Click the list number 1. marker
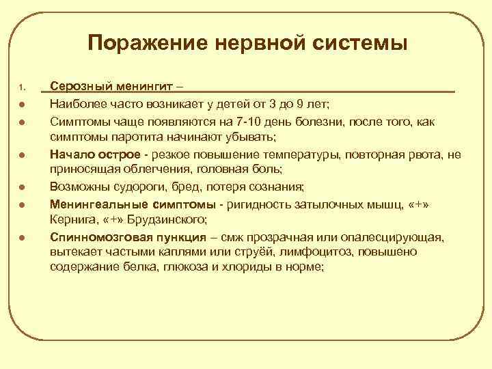click(x=23, y=87)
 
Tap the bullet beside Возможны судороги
click(x=23, y=188)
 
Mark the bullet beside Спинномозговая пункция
click(x=23, y=238)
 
